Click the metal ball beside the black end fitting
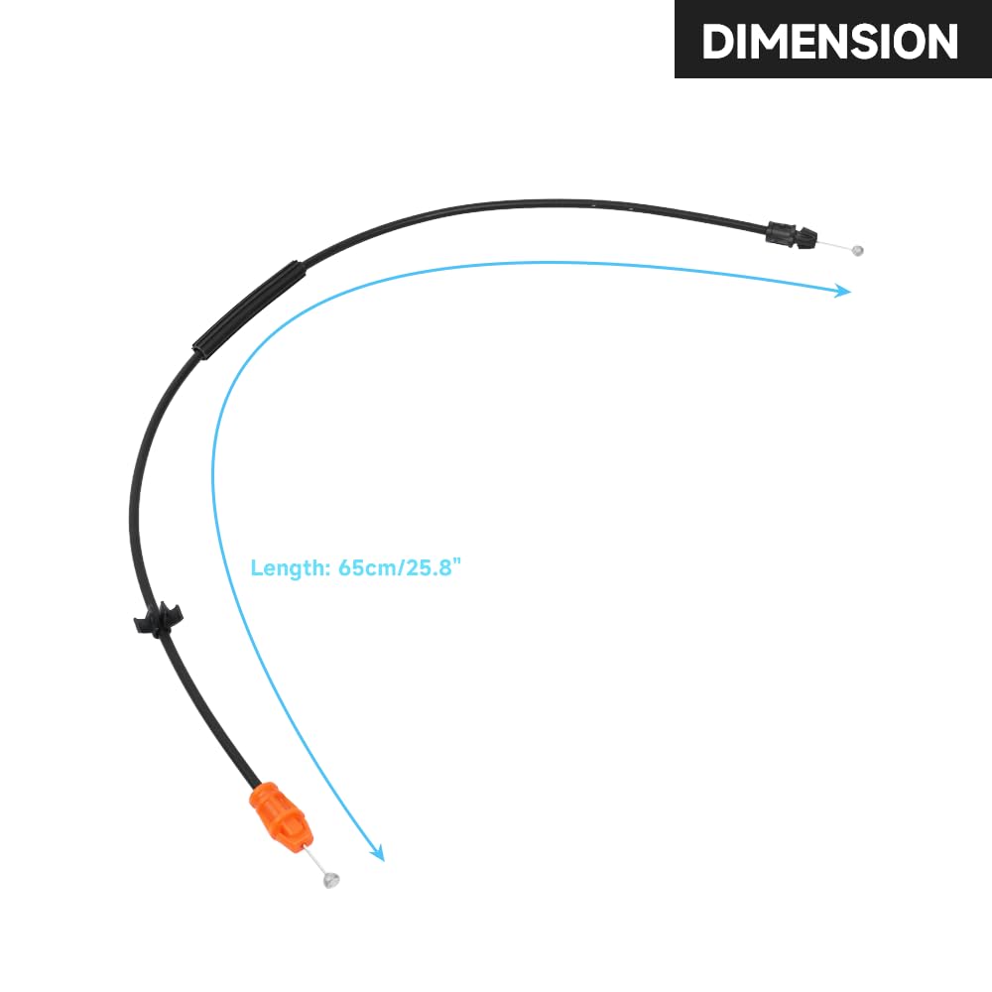pyautogui.click(x=858, y=250)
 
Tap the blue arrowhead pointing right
pyautogui.click(x=842, y=291)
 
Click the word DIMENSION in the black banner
pyautogui.click(x=829, y=41)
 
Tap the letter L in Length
pyautogui.click(x=256, y=568)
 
